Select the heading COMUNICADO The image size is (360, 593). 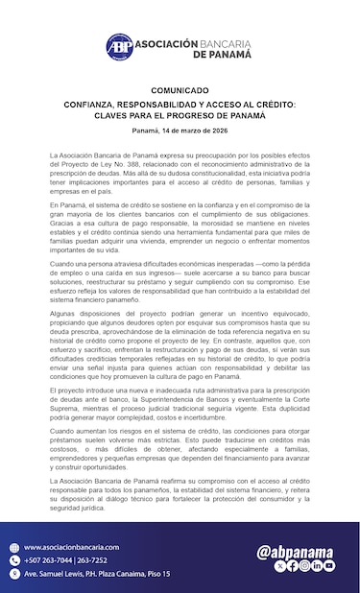pyautogui.click(x=180, y=90)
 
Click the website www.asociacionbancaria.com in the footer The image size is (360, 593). pyautogui.click(x=65, y=547)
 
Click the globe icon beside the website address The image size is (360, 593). pyautogui.click(x=14, y=547)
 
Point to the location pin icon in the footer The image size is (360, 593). pyautogui.click(x=14, y=573)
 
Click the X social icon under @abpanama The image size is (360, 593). pyautogui.click(x=279, y=566)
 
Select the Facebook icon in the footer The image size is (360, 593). pyautogui.click(x=292, y=566)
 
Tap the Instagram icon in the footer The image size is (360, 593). pyautogui.click(x=304, y=566)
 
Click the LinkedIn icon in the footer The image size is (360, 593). pyautogui.click(x=317, y=566)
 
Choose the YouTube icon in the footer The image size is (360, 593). pyautogui.click(x=329, y=566)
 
